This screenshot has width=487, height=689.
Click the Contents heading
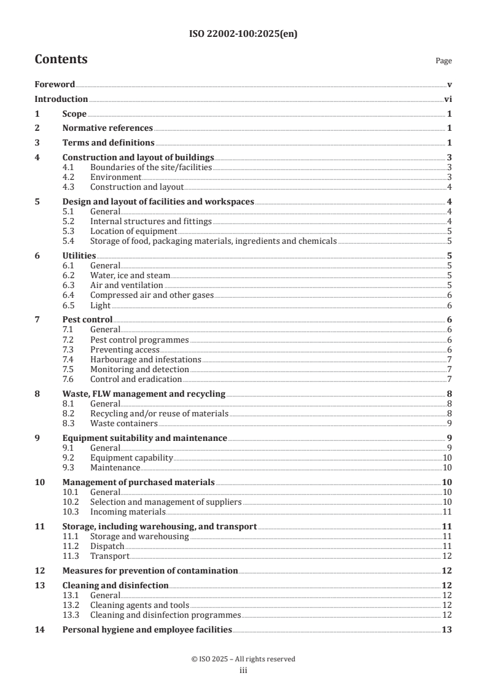click(x=61, y=60)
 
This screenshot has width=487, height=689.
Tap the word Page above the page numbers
click(x=443, y=61)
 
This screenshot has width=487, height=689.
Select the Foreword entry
click(x=55, y=84)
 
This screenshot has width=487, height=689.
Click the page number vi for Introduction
click(x=448, y=99)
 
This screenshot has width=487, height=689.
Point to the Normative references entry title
click(x=107, y=128)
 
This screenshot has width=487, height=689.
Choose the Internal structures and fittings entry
click(x=150, y=221)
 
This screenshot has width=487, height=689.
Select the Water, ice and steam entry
click(x=130, y=276)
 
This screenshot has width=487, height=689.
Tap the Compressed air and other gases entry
click(x=152, y=295)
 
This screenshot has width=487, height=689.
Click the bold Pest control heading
click(x=88, y=320)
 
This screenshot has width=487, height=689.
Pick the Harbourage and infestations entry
click(x=146, y=359)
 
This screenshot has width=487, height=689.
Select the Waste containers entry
click(x=123, y=423)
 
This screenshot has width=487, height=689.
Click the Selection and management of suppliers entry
click(x=166, y=502)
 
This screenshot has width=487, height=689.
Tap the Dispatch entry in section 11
click(x=107, y=546)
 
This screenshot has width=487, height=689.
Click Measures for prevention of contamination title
click(x=150, y=570)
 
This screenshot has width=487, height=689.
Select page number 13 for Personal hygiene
click(x=446, y=629)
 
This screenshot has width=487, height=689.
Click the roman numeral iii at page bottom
click(x=243, y=671)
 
